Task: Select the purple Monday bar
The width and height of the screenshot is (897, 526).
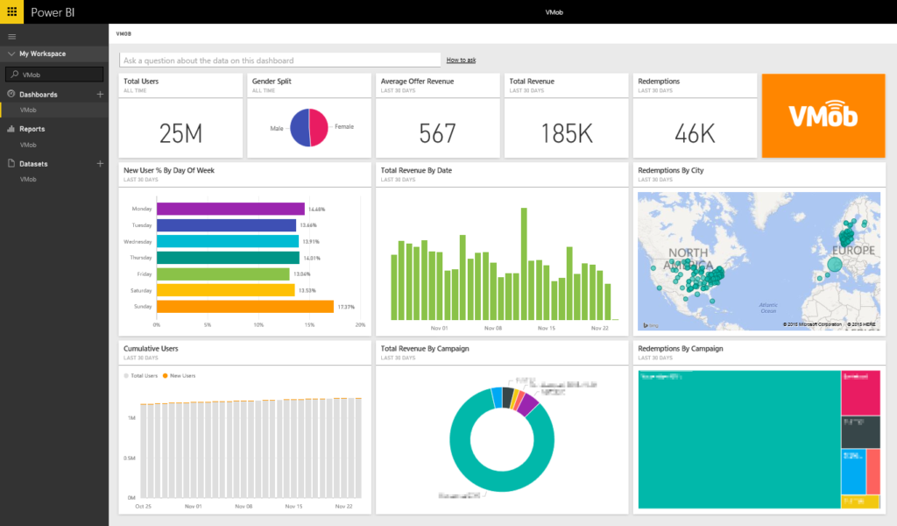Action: click(x=230, y=209)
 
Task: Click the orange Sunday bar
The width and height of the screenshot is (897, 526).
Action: click(x=244, y=307)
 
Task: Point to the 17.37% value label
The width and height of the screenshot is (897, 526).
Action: click(x=346, y=307)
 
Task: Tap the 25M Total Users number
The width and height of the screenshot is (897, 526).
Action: click(x=180, y=133)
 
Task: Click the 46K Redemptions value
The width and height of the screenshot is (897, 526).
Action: click(x=695, y=133)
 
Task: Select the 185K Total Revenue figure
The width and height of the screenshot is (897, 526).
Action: click(x=567, y=133)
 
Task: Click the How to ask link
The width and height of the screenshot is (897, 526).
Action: click(x=461, y=60)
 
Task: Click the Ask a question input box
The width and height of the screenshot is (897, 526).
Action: click(x=280, y=60)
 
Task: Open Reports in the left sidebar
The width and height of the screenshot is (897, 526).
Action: click(x=32, y=129)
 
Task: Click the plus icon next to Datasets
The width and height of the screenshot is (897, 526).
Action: click(x=100, y=164)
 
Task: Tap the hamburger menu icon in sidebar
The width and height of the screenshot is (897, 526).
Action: click(x=11, y=36)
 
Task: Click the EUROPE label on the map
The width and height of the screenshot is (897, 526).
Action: click(x=852, y=251)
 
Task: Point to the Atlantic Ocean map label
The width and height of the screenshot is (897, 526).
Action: click(x=768, y=308)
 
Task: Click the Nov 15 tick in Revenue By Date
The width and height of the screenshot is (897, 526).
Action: click(x=546, y=329)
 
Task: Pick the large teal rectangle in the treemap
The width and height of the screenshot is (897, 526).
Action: click(x=738, y=438)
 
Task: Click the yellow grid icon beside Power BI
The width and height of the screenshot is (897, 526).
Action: click(x=12, y=11)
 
